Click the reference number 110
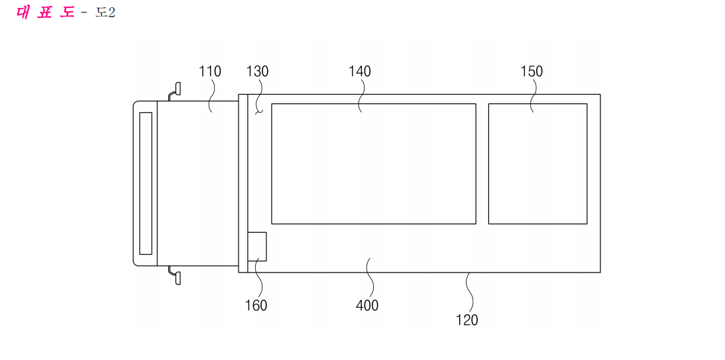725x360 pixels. [x=210, y=71]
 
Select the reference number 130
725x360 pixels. [x=258, y=71]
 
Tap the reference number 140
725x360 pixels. [x=360, y=71]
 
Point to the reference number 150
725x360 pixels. [x=531, y=71]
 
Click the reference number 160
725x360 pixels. [x=256, y=306]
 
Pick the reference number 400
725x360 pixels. [x=367, y=306]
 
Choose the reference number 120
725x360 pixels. [x=467, y=320]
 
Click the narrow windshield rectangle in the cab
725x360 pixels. [x=146, y=183]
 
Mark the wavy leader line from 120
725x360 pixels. [x=470, y=292]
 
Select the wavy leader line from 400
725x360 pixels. [x=368, y=278]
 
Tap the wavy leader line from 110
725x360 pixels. [x=212, y=95]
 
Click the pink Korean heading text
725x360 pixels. [x=45, y=13]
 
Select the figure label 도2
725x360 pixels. [x=105, y=13]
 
